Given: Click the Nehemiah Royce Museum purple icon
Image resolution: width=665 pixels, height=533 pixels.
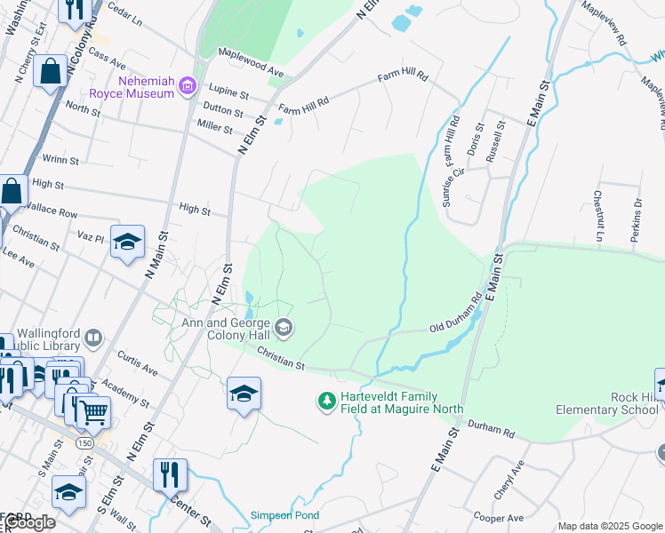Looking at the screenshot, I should (x=187, y=85).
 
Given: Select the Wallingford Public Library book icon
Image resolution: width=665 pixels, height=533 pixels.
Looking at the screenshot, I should (x=92, y=338).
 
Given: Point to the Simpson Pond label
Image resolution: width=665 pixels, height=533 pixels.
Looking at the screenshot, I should (x=282, y=515).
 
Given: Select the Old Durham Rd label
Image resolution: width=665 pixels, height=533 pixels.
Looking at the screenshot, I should (x=456, y=319).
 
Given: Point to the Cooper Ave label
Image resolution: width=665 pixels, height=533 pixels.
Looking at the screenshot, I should (x=499, y=517).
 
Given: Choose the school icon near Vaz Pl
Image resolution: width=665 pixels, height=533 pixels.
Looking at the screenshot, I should (x=127, y=242).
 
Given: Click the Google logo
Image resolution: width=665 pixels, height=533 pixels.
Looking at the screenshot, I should (x=28, y=522).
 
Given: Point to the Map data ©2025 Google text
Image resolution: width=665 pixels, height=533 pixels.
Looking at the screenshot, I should (x=610, y=526).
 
